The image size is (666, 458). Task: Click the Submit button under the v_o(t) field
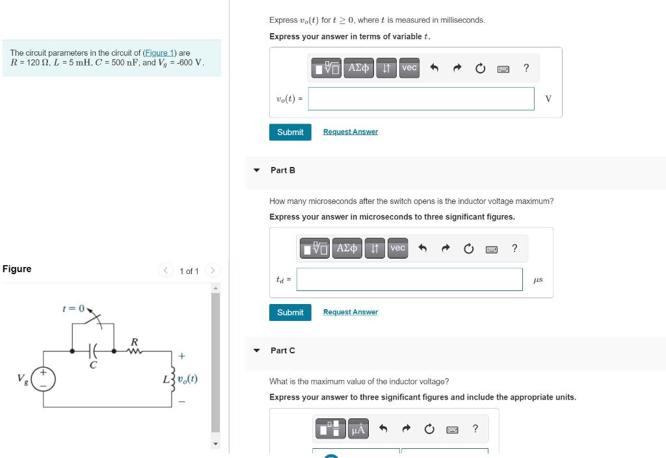pos(290,132)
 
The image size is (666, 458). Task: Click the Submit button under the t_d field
pos(290,312)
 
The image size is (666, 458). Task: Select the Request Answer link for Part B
pos(350,312)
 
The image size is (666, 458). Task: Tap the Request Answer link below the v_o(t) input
pos(350,132)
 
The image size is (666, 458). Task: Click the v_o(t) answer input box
pos(421,99)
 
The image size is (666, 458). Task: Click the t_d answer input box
pos(410,279)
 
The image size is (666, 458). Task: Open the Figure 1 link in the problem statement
pos(159,53)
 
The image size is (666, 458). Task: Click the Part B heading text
pos(283,170)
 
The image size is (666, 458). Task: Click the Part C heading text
pos(283,351)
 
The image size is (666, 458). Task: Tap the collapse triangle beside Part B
pos(257,170)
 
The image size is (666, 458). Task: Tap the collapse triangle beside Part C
pos(257,351)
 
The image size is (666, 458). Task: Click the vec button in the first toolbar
pos(409,68)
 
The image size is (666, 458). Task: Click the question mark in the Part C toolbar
pos(475,429)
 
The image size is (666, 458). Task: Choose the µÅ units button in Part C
pos(358,429)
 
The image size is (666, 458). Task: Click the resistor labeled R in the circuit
pos(134,351)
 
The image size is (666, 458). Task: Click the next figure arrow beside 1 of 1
pos(213,270)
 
